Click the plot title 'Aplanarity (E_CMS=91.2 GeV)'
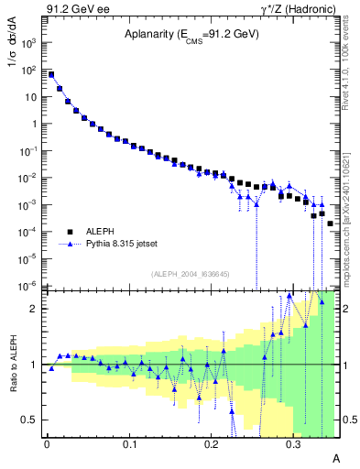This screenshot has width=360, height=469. (x=192, y=36)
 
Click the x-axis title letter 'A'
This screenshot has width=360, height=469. (x=335, y=457)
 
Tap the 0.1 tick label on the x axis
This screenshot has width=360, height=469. (x=128, y=443)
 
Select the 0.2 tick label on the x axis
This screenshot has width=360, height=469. (x=211, y=443)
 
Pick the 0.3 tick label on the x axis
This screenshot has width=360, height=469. (x=293, y=443)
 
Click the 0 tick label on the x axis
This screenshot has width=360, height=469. (x=47, y=443)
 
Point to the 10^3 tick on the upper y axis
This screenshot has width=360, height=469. (x=30, y=43)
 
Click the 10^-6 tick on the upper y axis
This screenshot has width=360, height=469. (x=30, y=286)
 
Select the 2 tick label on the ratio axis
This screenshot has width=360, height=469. (x=36, y=309)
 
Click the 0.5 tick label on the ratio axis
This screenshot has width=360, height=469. (x=32, y=420)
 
